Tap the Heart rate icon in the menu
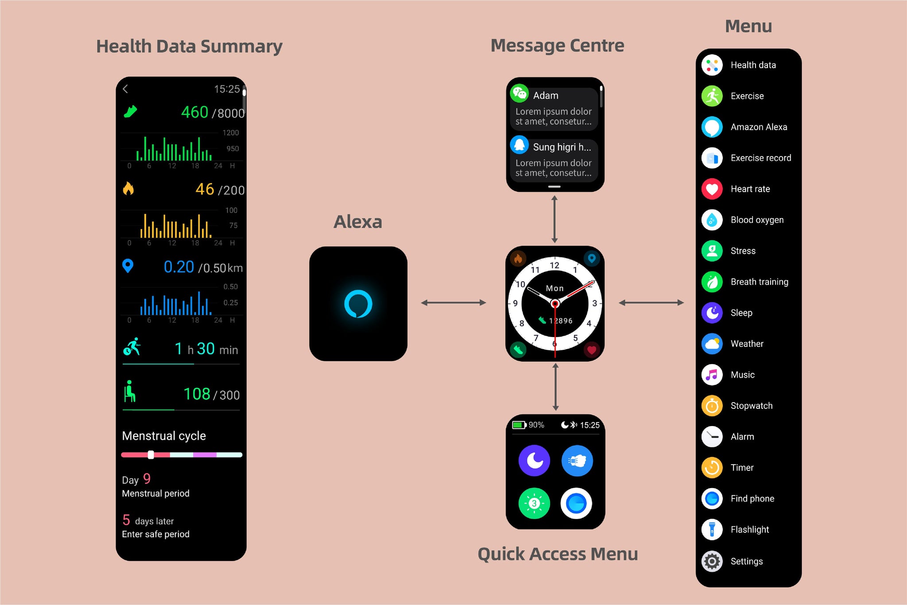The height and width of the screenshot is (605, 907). [712, 189]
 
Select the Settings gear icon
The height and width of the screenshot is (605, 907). [712, 561]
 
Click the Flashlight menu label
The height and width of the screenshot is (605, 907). [749, 530]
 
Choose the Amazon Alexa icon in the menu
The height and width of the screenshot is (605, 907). [712, 127]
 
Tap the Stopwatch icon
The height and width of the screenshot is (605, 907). [712, 406]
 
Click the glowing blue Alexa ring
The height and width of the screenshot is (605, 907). [358, 304]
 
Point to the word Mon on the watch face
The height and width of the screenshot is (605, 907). [554, 288]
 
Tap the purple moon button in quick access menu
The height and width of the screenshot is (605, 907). [534, 461]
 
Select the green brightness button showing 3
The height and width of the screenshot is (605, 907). [534, 503]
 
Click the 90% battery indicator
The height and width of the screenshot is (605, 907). [528, 425]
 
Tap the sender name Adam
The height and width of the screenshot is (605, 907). [546, 96]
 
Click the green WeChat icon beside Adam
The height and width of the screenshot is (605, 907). [519, 93]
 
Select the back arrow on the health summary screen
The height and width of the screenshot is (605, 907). [125, 89]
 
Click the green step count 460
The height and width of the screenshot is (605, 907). [194, 112]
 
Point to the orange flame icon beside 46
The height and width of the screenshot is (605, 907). [128, 189]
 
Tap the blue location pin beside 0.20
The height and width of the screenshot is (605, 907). [128, 266]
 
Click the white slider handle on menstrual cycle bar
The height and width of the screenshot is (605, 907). [151, 455]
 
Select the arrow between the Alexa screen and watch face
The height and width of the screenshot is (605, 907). [453, 303]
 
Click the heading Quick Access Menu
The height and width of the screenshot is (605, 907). [558, 554]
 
